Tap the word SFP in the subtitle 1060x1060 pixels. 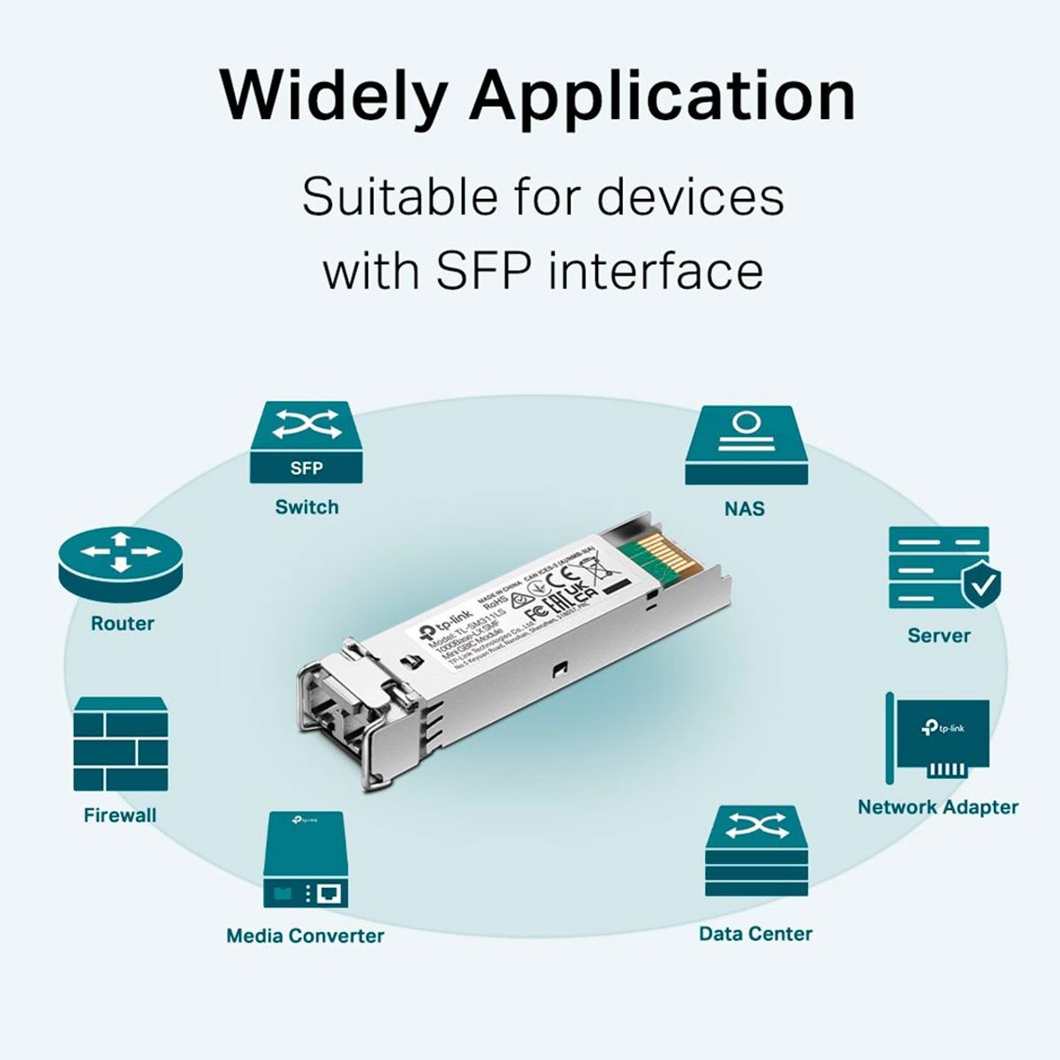[x=481, y=270]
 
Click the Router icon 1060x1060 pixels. [x=124, y=565]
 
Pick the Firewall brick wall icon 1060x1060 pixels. [x=120, y=744]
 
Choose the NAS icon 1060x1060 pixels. [x=746, y=445]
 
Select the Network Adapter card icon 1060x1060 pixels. [x=938, y=738]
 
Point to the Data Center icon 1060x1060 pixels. [x=756, y=852]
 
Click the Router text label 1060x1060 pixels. [x=123, y=624]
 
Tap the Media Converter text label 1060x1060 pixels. [x=306, y=935]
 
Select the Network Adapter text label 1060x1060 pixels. [x=938, y=806]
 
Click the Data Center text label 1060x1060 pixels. [x=755, y=934]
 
